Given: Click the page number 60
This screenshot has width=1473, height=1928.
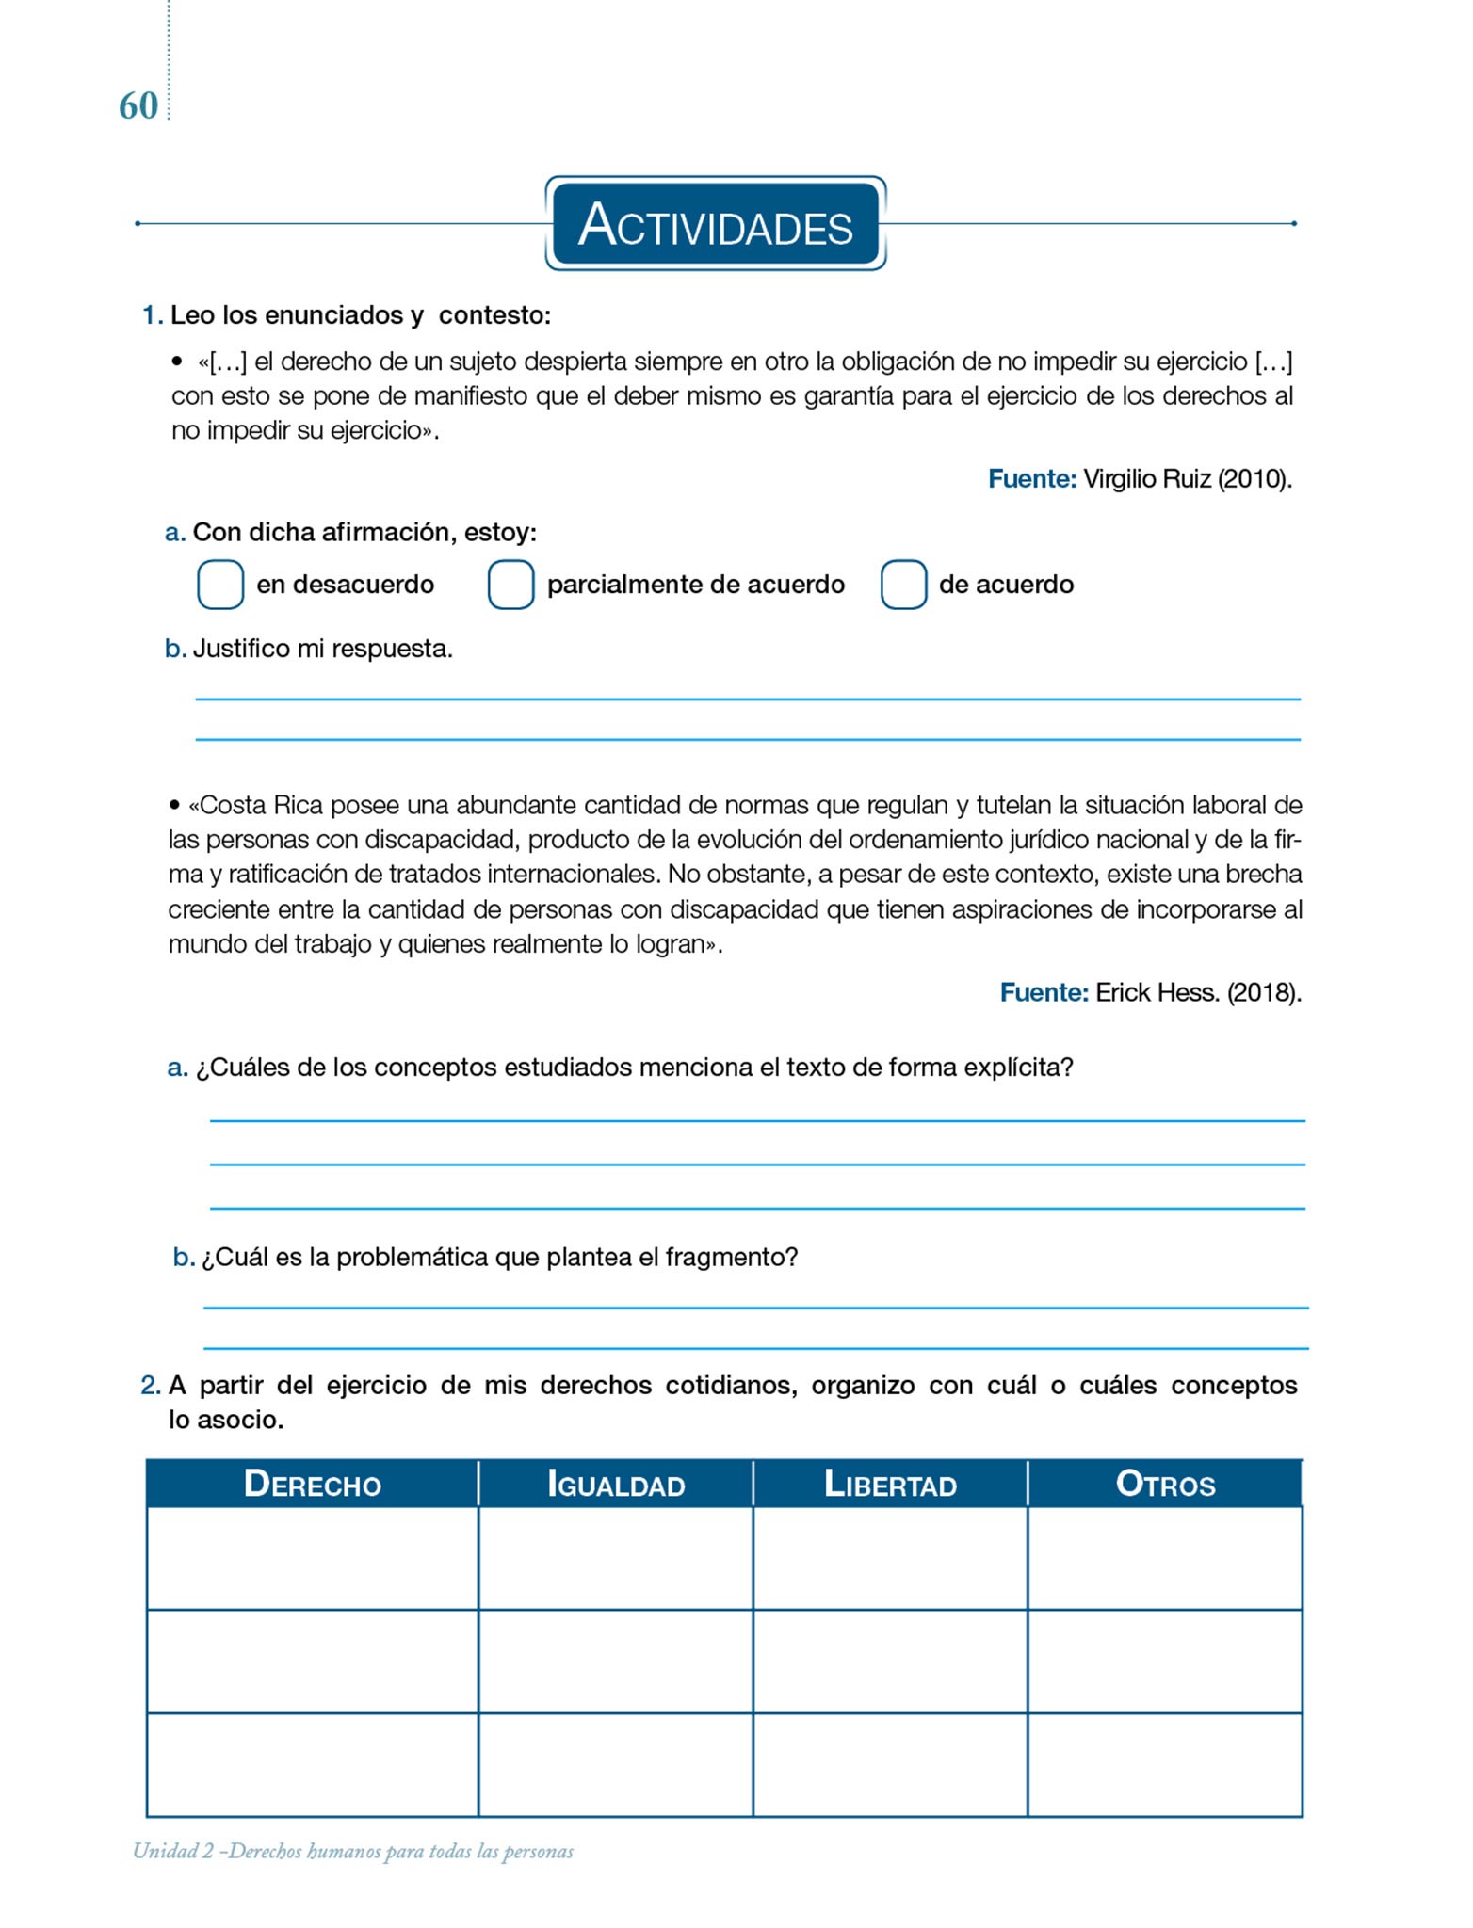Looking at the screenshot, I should pyautogui.click(x=138, y=106).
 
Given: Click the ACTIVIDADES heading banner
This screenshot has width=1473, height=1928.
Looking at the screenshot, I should pyautogui.click(x=715, y=224).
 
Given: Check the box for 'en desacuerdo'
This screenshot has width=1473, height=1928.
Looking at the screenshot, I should pyautogui.click(x=220, y=585).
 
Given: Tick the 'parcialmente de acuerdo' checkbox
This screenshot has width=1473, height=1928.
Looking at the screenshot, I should pyautogui.click(x=510, y=585).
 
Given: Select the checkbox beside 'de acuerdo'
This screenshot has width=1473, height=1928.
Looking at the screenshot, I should pyautogui.click(x=903, y=585).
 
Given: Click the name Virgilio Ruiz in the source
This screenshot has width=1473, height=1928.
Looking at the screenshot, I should pyautogui.click(x=1146, y=479).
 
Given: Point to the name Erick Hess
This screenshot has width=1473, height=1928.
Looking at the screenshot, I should pyautogui.click(x=1157, y=992).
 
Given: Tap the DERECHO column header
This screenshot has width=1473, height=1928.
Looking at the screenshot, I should pyautogui.click(x=312, y=1485).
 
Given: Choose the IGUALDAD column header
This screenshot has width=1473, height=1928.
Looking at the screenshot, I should pyautogui.click(x=616, y=1485).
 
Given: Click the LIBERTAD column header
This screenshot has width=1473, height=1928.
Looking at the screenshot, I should pyautogui.click(x=890, y=1485).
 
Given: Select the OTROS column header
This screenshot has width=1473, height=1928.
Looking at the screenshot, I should pyautogui.click(x=1165, y=1485).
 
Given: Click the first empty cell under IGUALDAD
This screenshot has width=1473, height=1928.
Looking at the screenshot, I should pyautogui.click(x=616, y=1559).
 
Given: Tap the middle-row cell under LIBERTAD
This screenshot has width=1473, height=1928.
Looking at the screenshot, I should pyautogui.click(x=890, y=1662).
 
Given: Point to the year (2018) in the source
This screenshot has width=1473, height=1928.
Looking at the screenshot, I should pyautogui.click(x=1264, y=992).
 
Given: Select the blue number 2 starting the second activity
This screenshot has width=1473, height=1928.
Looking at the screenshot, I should pyautogui.click(x=150, y=1386).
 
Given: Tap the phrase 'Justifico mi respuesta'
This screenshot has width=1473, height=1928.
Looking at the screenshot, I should pyautogui.click(x=321, y=649).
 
